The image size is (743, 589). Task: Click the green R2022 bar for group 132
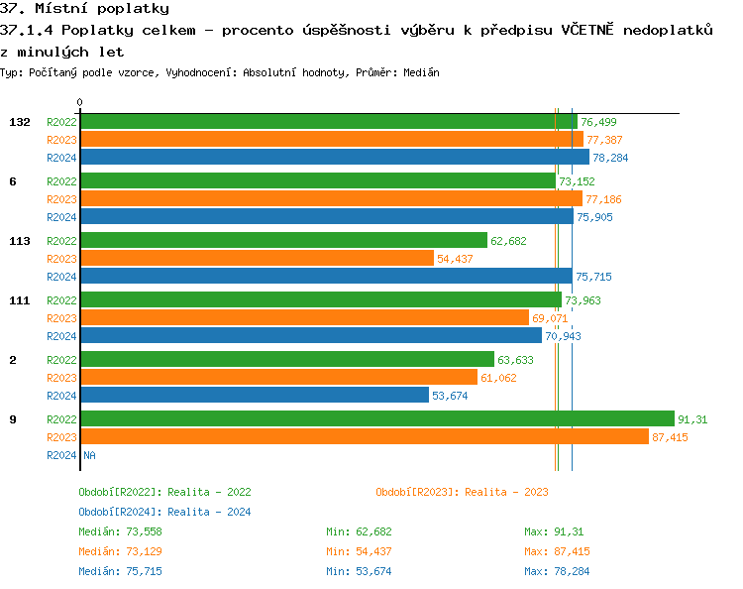[x=327, y=122]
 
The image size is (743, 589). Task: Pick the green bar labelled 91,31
[x=376, y=419]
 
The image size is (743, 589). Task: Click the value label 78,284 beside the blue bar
[x=610, y=158]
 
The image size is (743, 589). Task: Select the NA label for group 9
[x=89, y=455]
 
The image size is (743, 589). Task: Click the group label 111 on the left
[x=19, y=300]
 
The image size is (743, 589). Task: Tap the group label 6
[x=12, y=181]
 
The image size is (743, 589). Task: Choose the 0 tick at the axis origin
[x=79, y=102]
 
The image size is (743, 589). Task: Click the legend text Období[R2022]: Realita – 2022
[x=164, y=492]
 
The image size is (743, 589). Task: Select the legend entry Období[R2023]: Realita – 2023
[x=462, y=492]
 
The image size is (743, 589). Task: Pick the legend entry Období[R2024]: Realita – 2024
[x=164, y=512]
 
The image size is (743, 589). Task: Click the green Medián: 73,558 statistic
[x=117, y=531]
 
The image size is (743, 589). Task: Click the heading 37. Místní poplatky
[x=84, y=9]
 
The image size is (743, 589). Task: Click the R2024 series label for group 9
[x=61, y=455]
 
